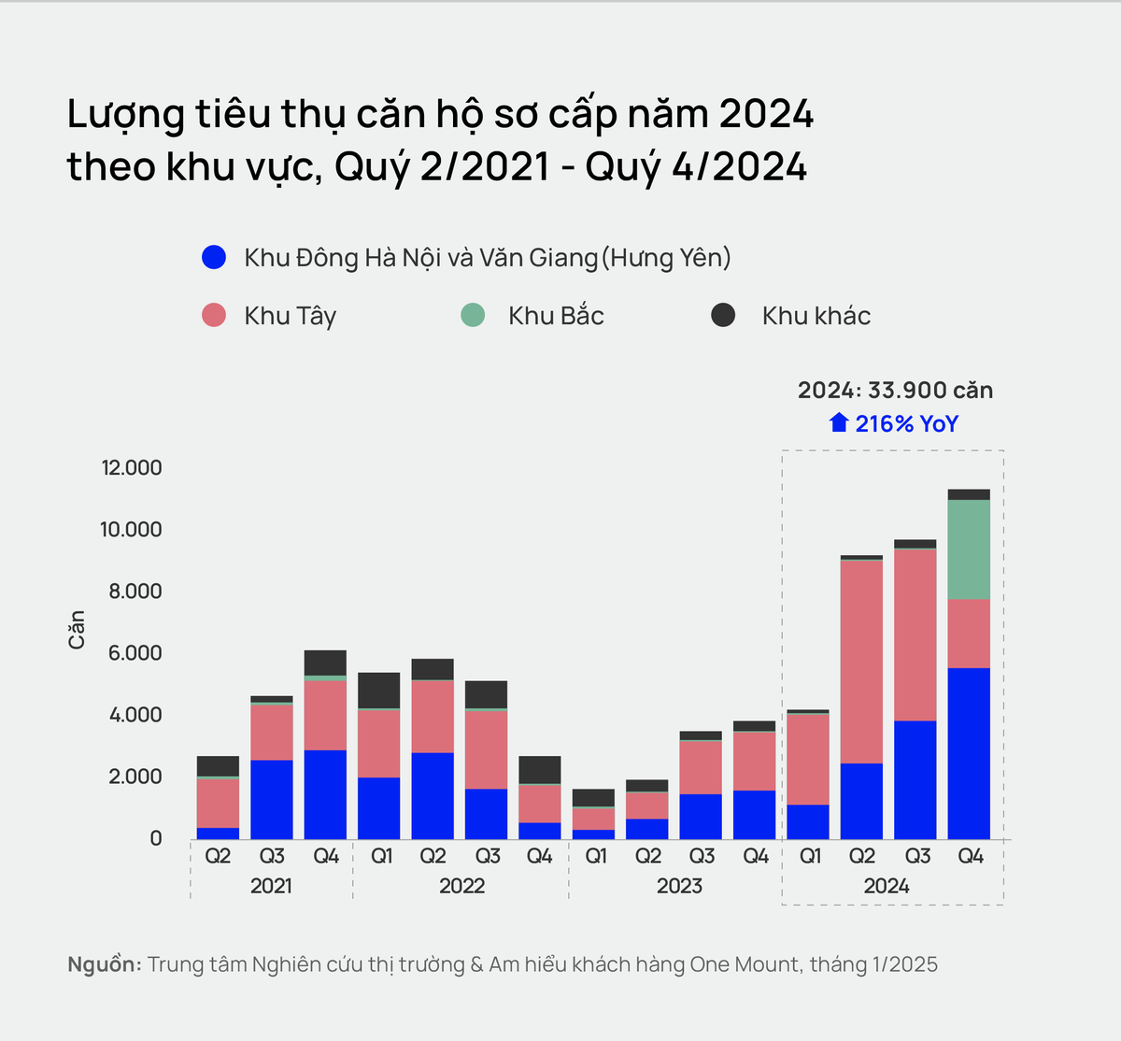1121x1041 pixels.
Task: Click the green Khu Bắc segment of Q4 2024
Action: (969, 549)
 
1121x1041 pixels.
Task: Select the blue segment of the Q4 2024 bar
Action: (969, 753)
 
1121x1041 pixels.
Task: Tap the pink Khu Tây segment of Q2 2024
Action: (861, 662)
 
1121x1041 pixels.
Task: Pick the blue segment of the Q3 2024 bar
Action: (915, 779)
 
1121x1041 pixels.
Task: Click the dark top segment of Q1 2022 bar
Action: (379, 691)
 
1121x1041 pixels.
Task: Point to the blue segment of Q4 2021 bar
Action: (325, 794)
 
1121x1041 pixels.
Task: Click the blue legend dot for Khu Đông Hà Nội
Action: (214, 257)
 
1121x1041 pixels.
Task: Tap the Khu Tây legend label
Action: (290, 316)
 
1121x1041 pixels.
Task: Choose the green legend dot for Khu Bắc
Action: (474, 315)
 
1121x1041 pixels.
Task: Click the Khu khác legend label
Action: (816, 316)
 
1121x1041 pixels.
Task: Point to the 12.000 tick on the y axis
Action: (132, 467)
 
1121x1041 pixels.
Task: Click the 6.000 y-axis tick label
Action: (135, 652)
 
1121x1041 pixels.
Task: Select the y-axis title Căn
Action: (77, 630)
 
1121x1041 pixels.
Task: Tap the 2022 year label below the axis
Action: (461, 886)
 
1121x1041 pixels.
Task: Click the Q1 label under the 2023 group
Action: (595, 856)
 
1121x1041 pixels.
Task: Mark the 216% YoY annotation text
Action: (906, 424)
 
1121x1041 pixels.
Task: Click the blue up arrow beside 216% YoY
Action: (839, 423)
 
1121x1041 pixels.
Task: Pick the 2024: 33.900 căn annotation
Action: (895, 391)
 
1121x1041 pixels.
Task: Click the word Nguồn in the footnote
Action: (104, 964)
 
